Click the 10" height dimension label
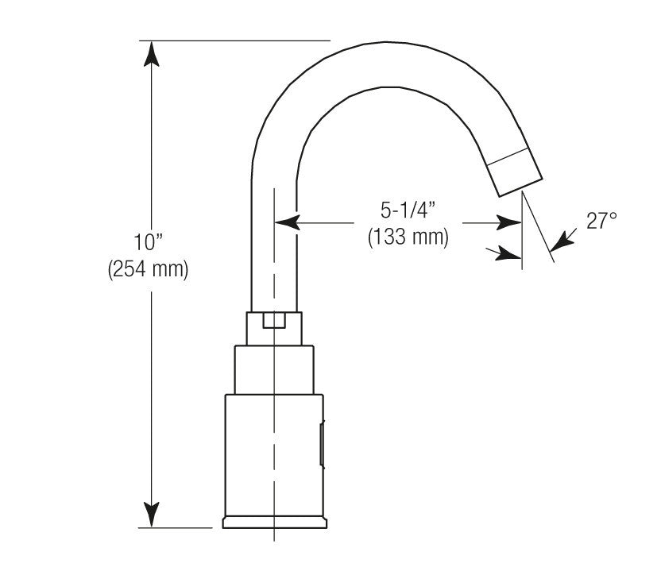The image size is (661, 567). pyautogui.click(x=149, y=241)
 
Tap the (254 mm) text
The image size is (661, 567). pyautogui.click(x=148, y=268)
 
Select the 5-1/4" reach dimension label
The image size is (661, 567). pyautogui.click(x=408, y=210)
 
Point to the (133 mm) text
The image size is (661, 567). pyautogui.click(x=408, y=237)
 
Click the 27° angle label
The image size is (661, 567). pyautogui.click(x=601, y=220)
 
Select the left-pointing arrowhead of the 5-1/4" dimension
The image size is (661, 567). pyautogui.click(x=287, y=222)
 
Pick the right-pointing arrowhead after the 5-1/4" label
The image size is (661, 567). pyautogui.click(x=509, y=222)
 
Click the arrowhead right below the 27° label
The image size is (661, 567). pyautogui.click(x=562, y=241)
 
